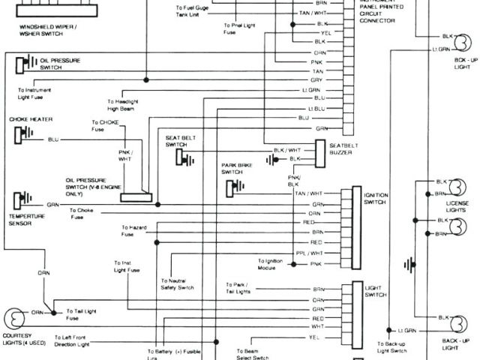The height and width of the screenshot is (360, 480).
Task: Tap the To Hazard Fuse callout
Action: point(133,231)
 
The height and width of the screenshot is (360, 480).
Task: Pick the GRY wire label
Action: point(318,79)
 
